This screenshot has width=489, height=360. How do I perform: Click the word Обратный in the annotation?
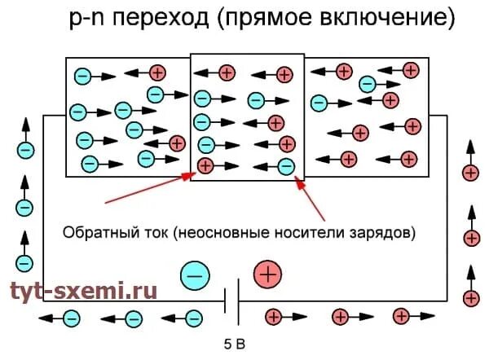[x=96, y=233]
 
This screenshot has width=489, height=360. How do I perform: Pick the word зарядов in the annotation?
[x=385, y=233]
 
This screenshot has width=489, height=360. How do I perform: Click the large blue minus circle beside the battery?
[x=195, y=275]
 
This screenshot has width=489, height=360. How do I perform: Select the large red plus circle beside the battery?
[x=268, y=275]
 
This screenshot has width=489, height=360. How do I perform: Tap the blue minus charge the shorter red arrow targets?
[x=286, y=166]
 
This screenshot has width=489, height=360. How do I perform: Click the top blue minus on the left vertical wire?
[x=25, y=151]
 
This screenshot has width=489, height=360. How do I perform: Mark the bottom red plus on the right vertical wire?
[x=470, y=298]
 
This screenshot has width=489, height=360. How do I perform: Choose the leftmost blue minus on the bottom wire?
[x=72, y=317]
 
